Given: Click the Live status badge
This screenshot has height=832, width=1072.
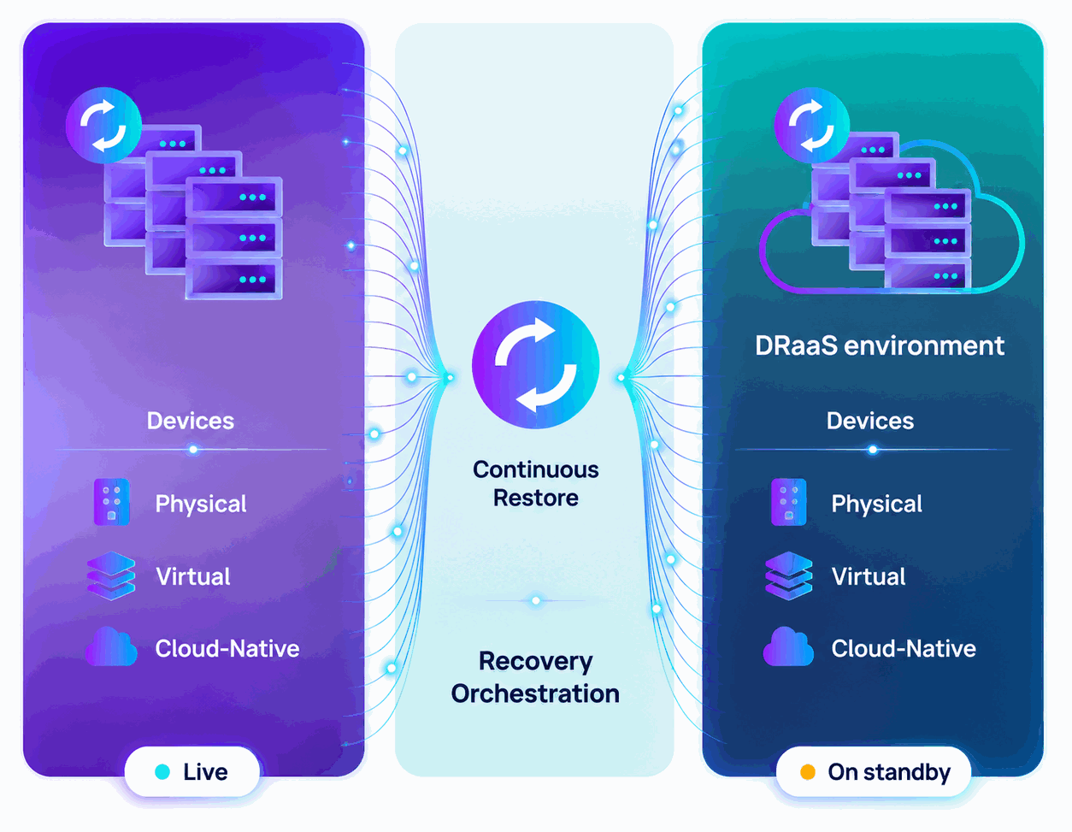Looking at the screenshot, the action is (191, 771).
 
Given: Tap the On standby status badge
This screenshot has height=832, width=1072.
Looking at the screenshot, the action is (873, 771).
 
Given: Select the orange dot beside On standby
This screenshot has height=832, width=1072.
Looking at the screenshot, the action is (808, 772).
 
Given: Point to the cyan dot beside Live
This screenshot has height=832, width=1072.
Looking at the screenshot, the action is (162, 772).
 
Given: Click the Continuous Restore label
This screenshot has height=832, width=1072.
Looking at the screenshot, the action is (536, 484).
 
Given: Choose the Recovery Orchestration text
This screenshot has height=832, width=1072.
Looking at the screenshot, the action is (535, 677).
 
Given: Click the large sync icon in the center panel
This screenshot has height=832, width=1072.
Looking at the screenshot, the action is (536, 364).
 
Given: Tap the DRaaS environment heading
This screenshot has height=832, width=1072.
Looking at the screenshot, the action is (880, 345).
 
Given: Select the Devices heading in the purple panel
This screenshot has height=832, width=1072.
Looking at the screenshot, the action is (191, 421).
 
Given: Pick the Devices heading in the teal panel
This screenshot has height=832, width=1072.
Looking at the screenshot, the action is (870, 421).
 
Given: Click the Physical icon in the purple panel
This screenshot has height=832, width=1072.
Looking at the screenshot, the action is (112, 502).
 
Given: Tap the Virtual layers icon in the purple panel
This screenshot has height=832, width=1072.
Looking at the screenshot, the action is (111, 575).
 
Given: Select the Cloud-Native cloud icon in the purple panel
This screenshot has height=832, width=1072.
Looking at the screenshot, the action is (111, 646).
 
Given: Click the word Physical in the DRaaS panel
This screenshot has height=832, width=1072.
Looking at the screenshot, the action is (876, 504).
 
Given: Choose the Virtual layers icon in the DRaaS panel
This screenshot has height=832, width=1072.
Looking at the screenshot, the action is (789, 575).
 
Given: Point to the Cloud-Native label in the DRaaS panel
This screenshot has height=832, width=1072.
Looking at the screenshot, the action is (904, 648).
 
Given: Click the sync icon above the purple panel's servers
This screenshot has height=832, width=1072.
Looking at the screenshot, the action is (103, 126).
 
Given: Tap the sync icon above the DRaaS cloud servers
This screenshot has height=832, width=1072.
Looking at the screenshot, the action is (811, 126).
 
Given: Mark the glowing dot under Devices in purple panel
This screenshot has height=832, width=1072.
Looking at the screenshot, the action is (193, 449).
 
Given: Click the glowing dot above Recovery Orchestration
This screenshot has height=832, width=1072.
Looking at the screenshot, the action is (536, 600).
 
